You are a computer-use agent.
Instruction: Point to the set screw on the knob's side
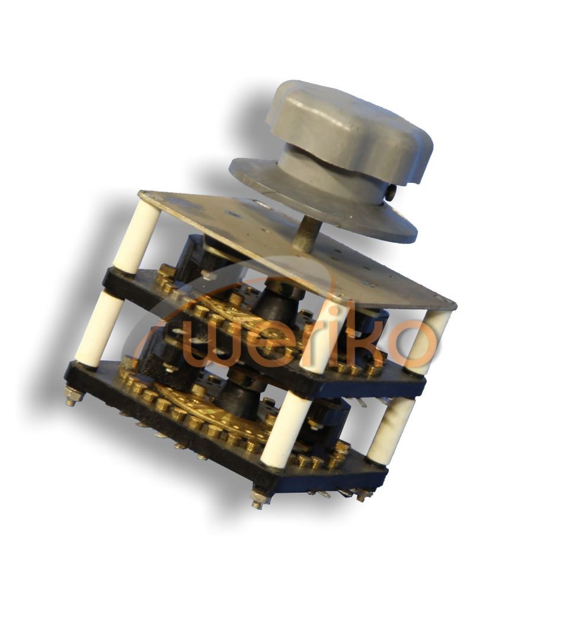(x=391, y=192)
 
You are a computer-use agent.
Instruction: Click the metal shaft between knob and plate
(x=304, y=233)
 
